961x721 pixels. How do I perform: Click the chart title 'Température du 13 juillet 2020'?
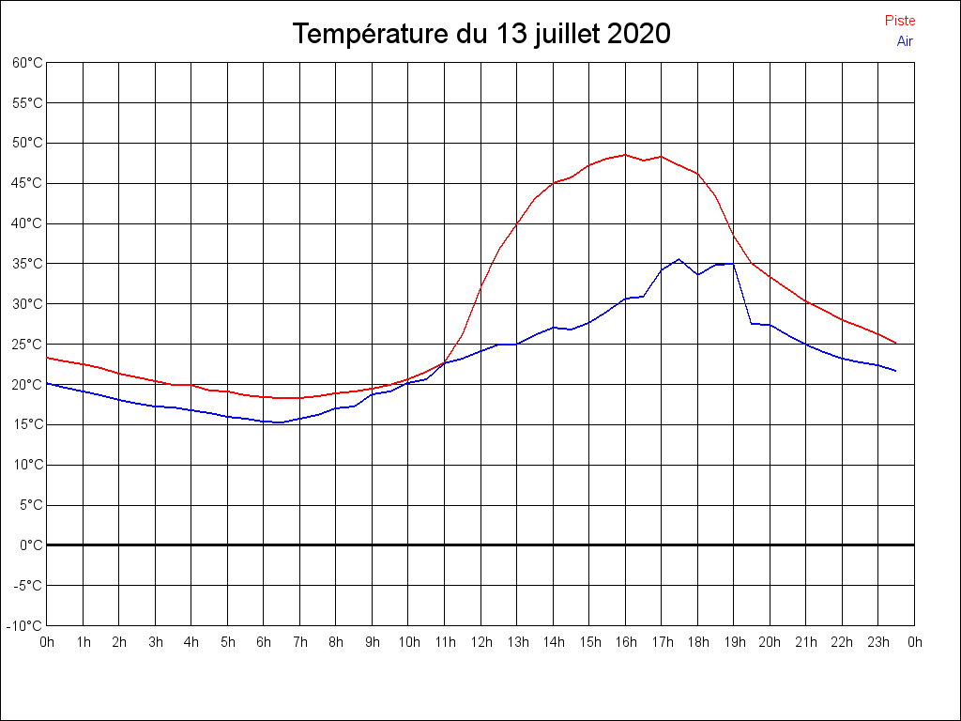(480, 34)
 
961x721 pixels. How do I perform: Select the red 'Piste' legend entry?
(900, 21)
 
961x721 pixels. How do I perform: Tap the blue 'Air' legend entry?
(905, 41)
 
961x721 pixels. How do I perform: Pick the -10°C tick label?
(25, 626)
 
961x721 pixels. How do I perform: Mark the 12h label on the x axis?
(480, 643)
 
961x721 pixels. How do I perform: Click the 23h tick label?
(878, 643)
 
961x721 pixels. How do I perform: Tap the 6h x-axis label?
(264, 643)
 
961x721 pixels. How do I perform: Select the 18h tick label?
(697, 643)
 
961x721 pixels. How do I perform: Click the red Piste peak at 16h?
(625, 155)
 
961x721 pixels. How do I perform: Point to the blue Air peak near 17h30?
(679, 259)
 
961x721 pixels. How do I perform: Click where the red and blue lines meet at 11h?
(444, 362)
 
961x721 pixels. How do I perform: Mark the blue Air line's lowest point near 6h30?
(282, 422)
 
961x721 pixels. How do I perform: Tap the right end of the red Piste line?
(896, 343)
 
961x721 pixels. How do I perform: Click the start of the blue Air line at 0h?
(47, 383)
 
